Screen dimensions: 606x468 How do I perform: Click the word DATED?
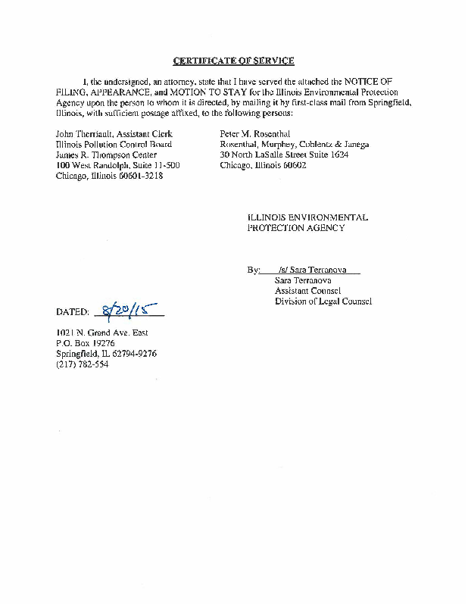click(73, 311)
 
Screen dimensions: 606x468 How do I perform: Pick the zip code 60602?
click(292, 165)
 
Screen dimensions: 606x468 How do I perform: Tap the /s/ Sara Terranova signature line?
click(309, 269)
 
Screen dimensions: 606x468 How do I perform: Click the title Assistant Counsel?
click(307, 290)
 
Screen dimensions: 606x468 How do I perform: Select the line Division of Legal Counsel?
click(323, 301)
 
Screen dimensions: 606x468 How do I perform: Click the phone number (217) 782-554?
click(83, 364)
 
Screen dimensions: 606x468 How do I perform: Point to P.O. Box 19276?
click(85, 343)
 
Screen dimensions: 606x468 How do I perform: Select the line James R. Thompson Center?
click(107, 155)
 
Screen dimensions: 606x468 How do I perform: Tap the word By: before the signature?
click(253, 269)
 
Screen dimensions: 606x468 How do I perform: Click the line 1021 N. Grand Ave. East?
click(101, 333)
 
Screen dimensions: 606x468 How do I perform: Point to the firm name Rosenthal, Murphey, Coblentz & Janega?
click(295, 144)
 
